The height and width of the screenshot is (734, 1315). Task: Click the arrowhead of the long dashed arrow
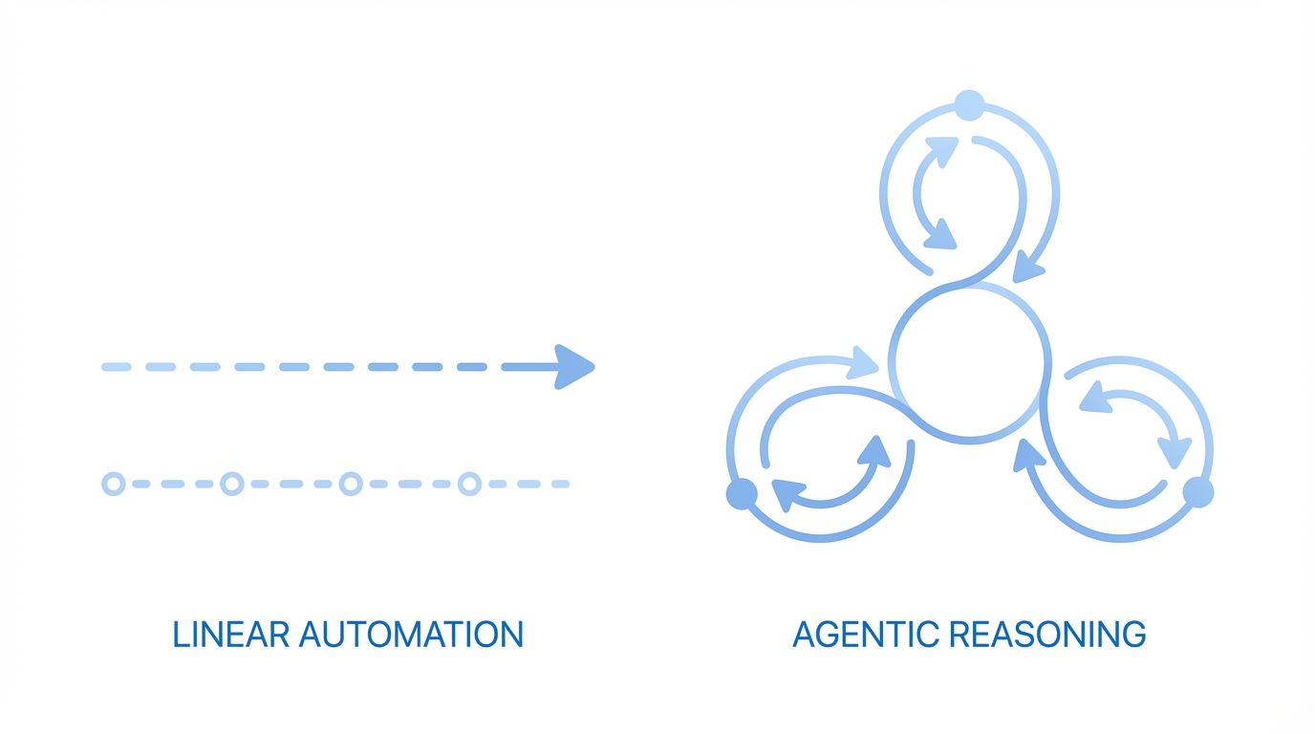(573, 367)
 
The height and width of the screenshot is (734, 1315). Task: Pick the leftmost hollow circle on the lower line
(114, 484)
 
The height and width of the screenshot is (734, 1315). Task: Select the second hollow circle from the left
(232, 484)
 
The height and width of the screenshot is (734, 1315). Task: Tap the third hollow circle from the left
(351, 484)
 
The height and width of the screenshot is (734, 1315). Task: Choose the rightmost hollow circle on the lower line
(469, 484)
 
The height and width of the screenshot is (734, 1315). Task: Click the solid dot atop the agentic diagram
(969, 105)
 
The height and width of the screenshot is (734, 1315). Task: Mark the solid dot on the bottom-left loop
(742, 494)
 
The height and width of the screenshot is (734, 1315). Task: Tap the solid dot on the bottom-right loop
(1198, 492)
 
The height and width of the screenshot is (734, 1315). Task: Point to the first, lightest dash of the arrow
(116, 367)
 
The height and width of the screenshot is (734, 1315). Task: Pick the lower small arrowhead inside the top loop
(940, 234)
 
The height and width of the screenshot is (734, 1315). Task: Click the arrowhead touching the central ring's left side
(863, 362)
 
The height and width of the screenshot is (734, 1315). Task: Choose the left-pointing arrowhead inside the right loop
(1096, 397)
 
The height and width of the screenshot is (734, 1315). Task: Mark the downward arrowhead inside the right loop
(1175, 451)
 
